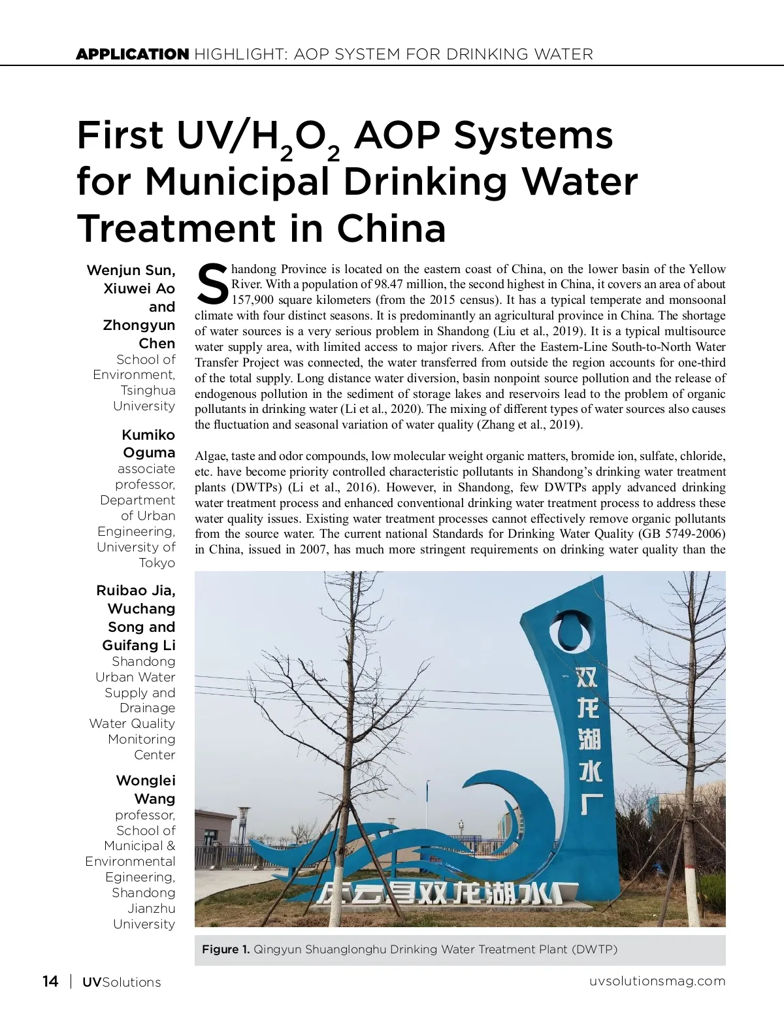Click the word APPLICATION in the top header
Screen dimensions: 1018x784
(132, 54)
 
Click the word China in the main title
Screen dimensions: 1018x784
(391, 228)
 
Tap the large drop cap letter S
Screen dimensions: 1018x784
(212, 285)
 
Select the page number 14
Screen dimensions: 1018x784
(50, 981)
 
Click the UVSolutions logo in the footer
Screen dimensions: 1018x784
(122, 982)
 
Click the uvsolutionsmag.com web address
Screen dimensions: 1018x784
(657, 981)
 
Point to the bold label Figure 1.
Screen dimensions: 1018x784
(226, 949)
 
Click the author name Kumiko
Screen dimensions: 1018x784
(148, 435)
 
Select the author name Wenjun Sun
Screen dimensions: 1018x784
(131, 271)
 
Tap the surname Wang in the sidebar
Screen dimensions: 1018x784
(155, 798)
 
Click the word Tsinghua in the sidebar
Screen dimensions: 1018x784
(148, 390)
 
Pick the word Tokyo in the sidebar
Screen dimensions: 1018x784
(157, 563)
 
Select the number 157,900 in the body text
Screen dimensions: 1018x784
(253, 300)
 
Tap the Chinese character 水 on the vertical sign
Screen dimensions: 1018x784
(589, 771)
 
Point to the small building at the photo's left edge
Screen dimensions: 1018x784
(215, 840)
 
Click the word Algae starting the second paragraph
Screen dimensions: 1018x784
(210, 456)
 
